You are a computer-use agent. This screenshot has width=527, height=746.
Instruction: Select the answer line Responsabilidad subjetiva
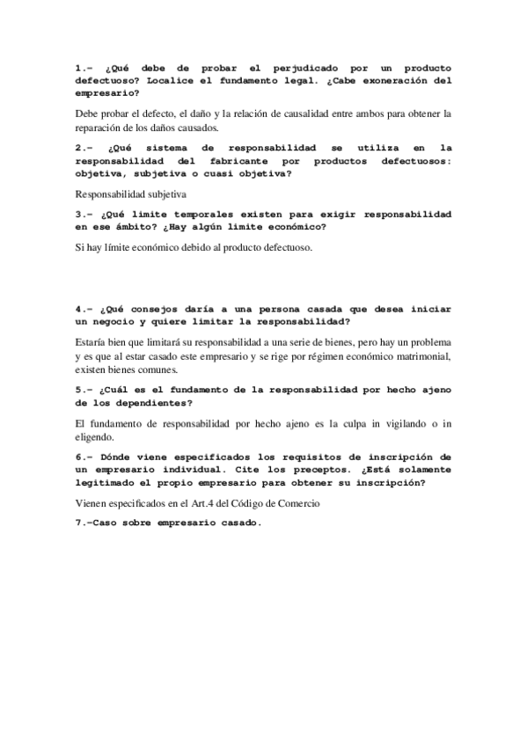point(131,194)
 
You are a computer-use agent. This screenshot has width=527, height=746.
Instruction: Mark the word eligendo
point(103,438)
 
